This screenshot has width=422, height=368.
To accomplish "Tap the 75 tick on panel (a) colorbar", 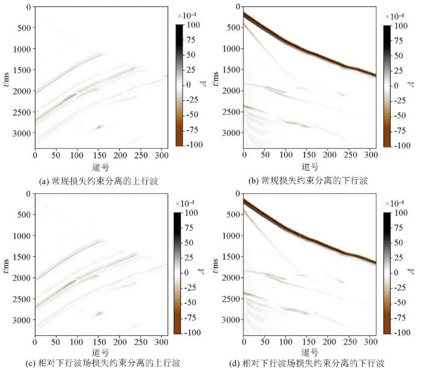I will point(191,40).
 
